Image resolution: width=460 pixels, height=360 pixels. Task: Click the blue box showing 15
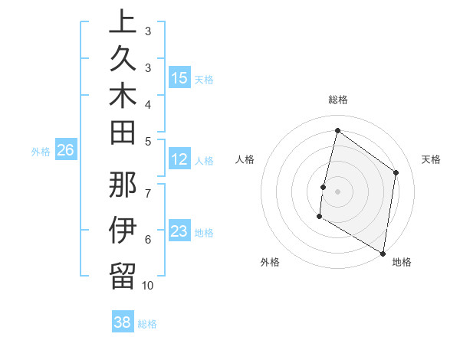pos(179,78)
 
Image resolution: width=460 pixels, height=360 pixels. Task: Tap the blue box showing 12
pos(179,160)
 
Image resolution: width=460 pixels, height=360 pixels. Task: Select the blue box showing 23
pos(179,232)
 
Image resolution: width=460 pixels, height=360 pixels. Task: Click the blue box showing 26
pos(66,151)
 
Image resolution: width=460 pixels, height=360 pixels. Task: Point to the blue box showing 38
pos(123,323)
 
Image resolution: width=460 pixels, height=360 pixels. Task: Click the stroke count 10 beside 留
pos(148,286)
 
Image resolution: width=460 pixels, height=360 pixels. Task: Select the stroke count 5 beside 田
pos(148,141)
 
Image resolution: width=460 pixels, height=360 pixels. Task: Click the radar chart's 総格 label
pos(337,100)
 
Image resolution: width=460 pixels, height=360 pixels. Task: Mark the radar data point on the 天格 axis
pos(396,172)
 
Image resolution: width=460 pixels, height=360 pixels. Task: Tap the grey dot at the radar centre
pos(337,191)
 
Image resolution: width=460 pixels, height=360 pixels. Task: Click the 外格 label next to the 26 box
pos(41,152)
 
